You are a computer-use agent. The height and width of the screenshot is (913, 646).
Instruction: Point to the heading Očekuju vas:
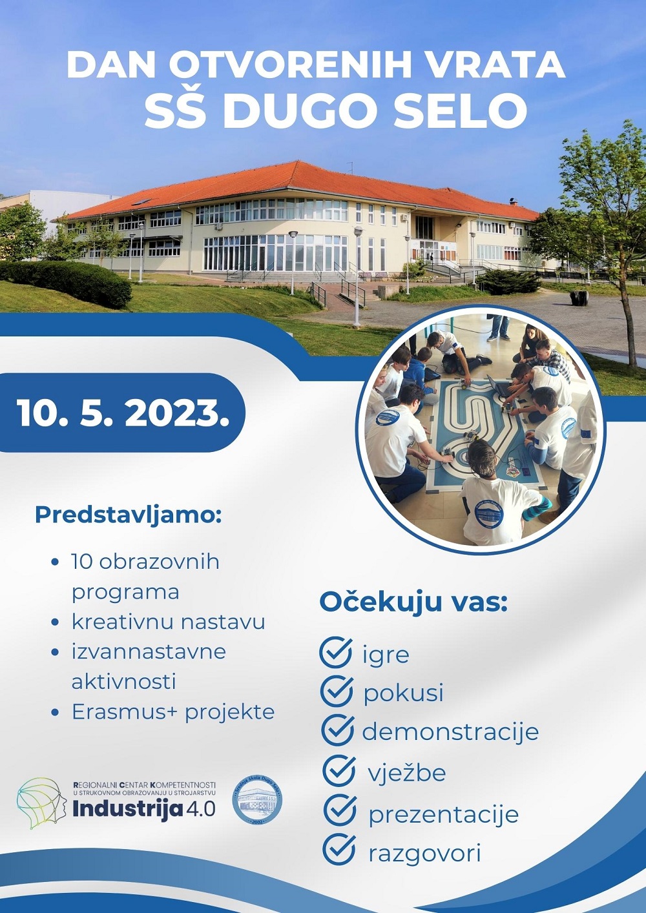tap(413, 603)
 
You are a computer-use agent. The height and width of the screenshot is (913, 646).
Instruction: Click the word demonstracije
tap(450, 732)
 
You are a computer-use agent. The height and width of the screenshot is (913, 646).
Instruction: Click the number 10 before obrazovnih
tap(83, 562)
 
